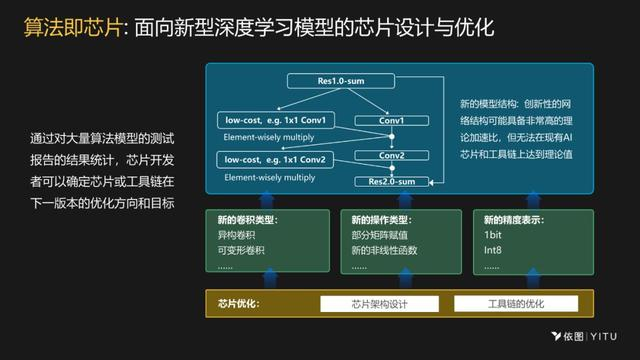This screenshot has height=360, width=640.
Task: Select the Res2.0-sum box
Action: (x=391, y=182)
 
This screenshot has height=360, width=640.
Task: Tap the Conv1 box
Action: (x=391, y=121)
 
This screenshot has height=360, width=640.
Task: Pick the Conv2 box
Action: (x=391, y=156)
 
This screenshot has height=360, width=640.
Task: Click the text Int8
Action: (x=493, y=250)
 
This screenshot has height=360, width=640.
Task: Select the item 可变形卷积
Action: (x=237, y=250)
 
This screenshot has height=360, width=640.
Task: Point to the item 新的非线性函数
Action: (x=384, y=250)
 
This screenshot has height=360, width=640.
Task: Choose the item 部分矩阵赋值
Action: (x=378, y=235)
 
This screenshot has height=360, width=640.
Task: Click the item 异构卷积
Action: (x=231, y=235)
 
